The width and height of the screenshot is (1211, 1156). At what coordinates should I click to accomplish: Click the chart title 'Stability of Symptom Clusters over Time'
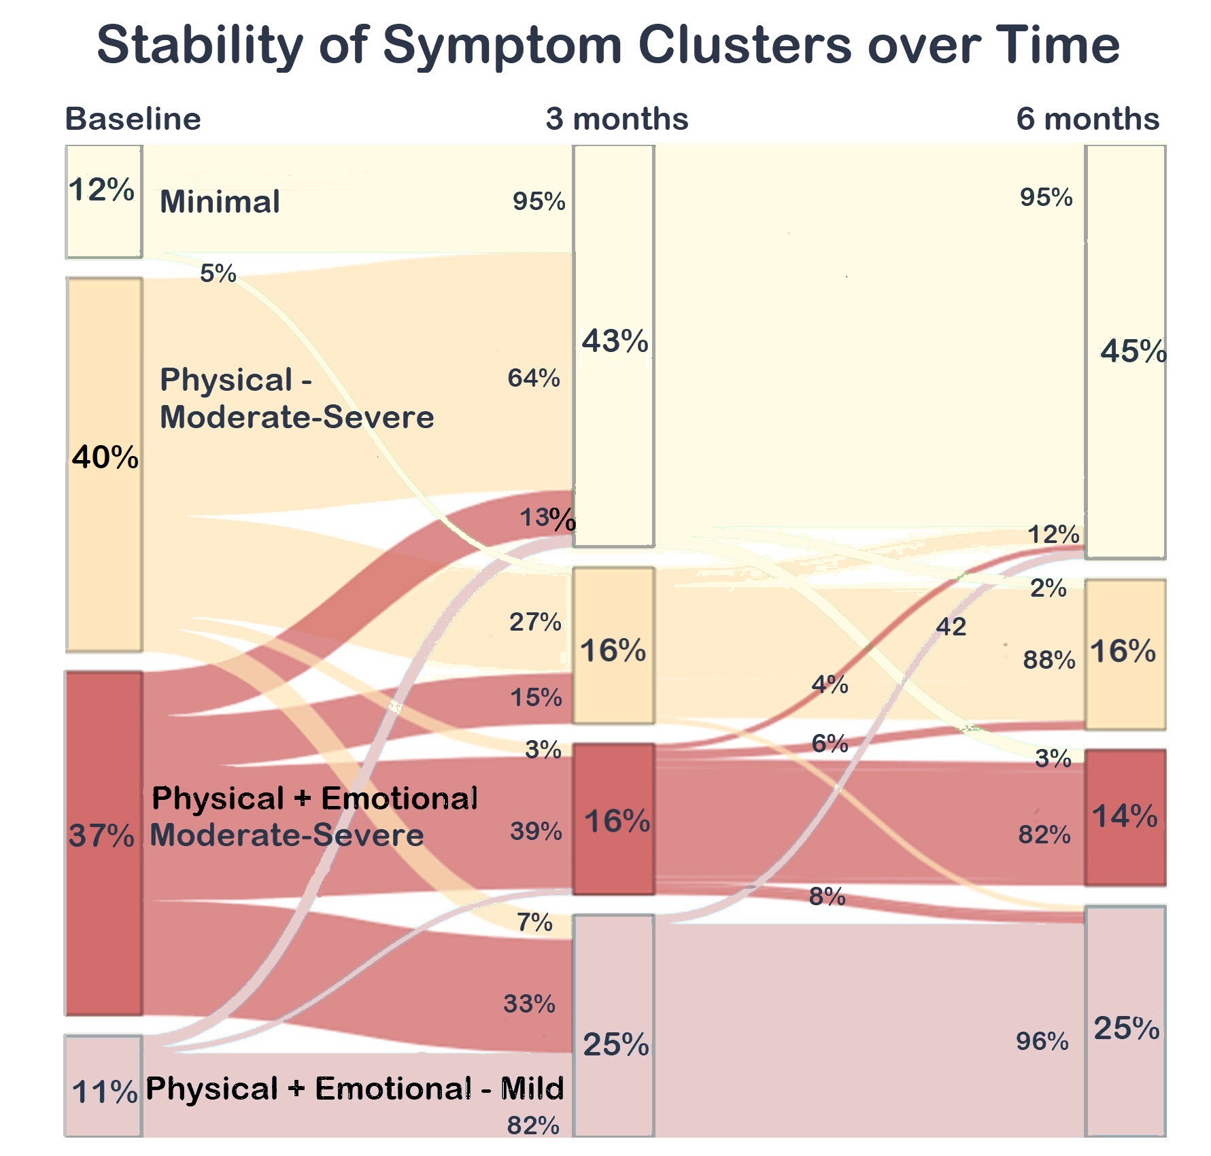pos(608,45)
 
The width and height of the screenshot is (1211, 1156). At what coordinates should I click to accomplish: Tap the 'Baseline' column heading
pos(133,119)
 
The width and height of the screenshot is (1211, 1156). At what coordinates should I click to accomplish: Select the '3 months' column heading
pos(617,119)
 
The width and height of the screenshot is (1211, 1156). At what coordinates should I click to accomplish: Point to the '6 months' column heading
pos(1087,119)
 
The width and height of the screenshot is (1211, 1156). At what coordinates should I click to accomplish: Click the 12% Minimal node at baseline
pos(103,202)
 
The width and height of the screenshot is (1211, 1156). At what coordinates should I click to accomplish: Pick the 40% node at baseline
pos(104,464)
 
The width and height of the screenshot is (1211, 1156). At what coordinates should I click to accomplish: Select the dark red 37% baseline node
pos(103,843)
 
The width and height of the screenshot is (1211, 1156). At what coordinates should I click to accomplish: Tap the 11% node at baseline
pos(103,1085)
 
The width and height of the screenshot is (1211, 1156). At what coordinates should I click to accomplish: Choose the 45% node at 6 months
pos(1125,351)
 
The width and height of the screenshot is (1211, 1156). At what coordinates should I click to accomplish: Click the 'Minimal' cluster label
pos(220,202)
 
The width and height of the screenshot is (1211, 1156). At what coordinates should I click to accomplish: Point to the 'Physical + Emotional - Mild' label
pos(354,1088)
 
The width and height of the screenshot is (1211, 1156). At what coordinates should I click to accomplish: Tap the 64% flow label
pos(534,378)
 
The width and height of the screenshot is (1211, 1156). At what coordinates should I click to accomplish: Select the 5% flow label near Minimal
pos(218,273)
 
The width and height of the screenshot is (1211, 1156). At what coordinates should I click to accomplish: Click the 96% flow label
pos(1042,1040)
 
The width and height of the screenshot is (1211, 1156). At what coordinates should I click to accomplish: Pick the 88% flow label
pos(1048,659)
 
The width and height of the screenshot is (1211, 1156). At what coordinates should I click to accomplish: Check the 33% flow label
pos(529,1003)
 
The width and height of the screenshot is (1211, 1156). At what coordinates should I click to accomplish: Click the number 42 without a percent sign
pos(951,626)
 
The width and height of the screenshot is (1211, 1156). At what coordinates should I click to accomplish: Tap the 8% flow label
pos(827,896)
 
